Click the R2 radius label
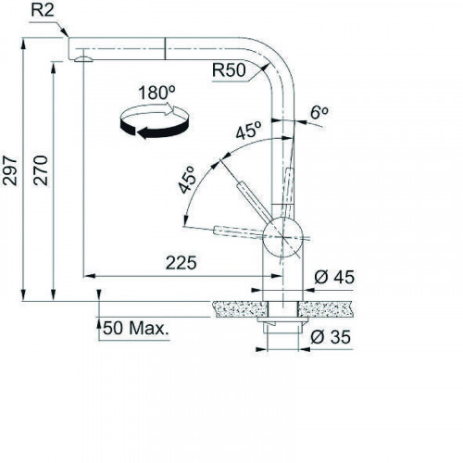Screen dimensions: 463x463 pyautogui.click(x=43, y=10)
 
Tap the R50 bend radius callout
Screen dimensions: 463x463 pyautogui.click(x=229, y=69)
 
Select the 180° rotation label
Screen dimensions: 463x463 pyautogui.click(x=156, y=93)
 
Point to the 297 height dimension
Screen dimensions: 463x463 pyautogui.click(x=10, y=171)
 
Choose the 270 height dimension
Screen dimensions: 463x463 pyautogui.click(x=41, y=170)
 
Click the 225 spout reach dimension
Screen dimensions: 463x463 pyautogui.click(x=181, y=263)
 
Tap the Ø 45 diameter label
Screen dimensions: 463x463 pyautogui.click(x=334, y=277)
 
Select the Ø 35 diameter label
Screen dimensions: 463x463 pyautogui.click(x=331, y=336)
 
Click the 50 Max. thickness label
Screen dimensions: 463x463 pyautogui.click(x=136, y=328)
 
